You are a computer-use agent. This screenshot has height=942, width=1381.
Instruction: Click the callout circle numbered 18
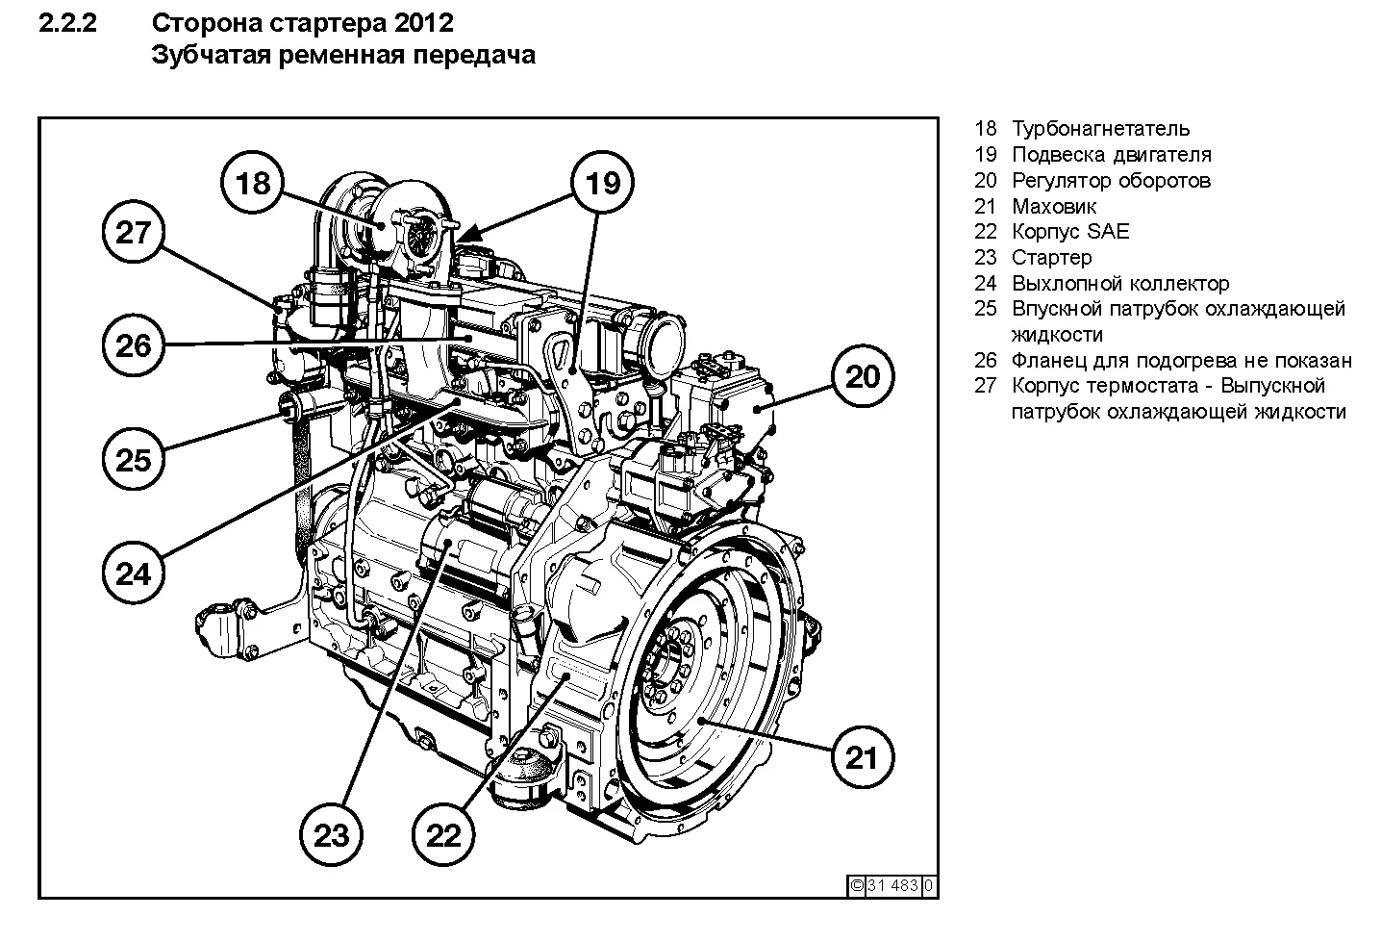(253, 182)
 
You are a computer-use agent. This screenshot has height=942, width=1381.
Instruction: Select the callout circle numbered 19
(603, 182)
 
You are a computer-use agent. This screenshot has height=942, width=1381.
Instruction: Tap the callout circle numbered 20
(862, 376)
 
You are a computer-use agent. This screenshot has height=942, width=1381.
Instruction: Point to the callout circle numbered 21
(862, 757)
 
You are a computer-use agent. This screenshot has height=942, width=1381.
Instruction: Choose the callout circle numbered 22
(444, 835)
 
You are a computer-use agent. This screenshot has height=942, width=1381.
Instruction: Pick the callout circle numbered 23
(332, 835)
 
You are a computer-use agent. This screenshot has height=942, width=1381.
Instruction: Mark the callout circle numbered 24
(134, 573)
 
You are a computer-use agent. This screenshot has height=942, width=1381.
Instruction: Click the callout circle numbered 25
(134, 459)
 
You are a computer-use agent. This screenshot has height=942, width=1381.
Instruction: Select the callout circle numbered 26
(134, 344)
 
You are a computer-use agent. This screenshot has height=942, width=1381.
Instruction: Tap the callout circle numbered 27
(134, 232)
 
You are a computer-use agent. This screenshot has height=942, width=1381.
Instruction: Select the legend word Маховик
(1054, 206)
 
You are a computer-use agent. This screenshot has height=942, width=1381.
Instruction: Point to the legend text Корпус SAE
(1070, 232)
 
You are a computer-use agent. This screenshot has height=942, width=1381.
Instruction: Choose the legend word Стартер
(1052, 258)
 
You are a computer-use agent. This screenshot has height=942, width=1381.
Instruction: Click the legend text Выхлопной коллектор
(1120, 284)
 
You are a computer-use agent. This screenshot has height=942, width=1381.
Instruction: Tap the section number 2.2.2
(67, 22)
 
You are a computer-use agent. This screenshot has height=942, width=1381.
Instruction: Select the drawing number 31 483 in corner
(893, 886)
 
